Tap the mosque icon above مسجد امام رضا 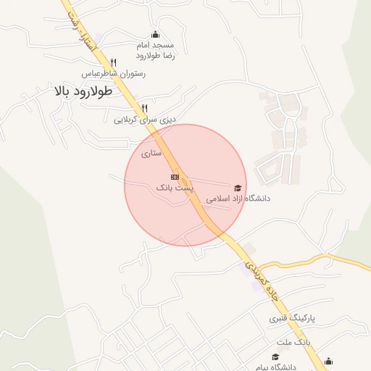tap(155, 34)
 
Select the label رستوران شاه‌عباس tap(113, 73)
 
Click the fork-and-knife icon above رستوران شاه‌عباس tap(114, 62)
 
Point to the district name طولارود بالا tap(83, 92)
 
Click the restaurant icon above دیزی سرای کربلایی tap(145, 108)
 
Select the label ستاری tap(151, 153)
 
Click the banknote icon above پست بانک tap(175, 176)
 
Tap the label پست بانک tap(175, 187)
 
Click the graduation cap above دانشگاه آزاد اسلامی tap(238, 187)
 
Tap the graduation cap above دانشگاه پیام tap(275, 357)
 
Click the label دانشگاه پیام tap(275, 367)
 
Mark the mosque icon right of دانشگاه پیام tap(329, 362)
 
